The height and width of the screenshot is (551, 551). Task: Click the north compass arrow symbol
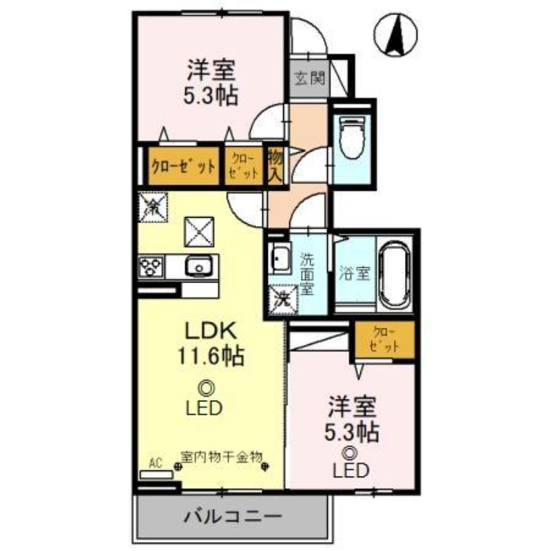click(x=398, y=35)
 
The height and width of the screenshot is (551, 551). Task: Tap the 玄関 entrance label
click(x=309, y=78)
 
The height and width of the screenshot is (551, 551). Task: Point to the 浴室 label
click(x=355, y=273)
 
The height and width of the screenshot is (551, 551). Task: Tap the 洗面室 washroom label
click(x=307, y=272)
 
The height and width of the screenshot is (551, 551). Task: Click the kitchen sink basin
click(x=200, y=264)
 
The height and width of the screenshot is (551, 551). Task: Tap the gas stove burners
click(x=152, y=266)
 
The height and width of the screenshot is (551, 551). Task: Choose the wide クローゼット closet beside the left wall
click(x=183, y=166)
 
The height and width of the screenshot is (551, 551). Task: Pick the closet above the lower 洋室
click(x=385, y=340)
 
